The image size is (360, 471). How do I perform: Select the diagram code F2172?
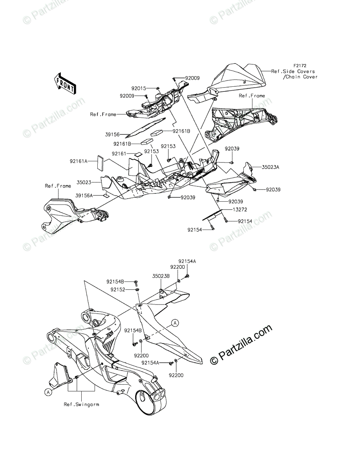pyautogui.click(x=300, y=66)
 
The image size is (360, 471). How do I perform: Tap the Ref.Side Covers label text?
pyautogui.click(x=299, y=72)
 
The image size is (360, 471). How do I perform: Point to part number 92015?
pyautogui.click(x=139, y=88)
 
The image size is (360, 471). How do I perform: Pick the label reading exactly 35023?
pyautogui.click(x=84, y=182)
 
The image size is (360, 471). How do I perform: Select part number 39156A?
pyautogui.click(x=84, y=195)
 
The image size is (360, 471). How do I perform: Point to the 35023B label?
pyautogui.click(x=161, y=276)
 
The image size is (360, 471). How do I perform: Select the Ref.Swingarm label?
pyautogui.click(x=82, y=404)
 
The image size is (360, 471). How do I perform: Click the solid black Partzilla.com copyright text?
pyautogui.click(x=241, y=345)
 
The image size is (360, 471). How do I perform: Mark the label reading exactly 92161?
pyautogui.click(x=119, y=153)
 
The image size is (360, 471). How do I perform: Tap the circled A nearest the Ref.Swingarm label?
pyautogui.click(x=48, y=392)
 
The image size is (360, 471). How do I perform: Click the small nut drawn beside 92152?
pyautogui.click(x=137, y=290)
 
